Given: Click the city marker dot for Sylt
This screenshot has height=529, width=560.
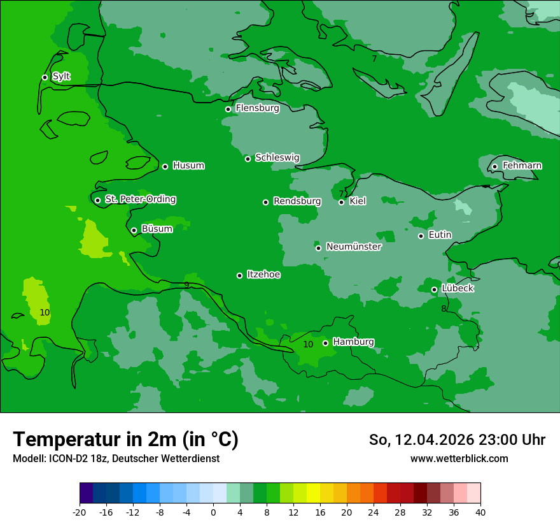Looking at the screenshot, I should pyautogui.click(x=45, y=77).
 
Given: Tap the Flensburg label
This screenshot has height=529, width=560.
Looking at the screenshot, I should pyautogui.click(x=257, y=108).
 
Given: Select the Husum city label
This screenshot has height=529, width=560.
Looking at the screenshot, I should pyautogui.click(x=188, y=166).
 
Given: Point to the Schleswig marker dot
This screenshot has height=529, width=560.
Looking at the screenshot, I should pyautogui.click(x=248, y=159).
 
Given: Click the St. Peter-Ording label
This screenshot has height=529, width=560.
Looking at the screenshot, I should pyautogui.click(x=140, y=199).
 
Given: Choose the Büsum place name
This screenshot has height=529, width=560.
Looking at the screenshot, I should pyautogui.click(x=157, y=229).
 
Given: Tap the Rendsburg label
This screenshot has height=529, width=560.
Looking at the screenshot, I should pyautogui.click(x=297, y=201).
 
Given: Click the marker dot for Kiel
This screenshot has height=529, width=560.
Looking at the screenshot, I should pyautogui.click(x=341, y=202).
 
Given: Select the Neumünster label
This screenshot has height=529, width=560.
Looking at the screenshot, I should pyautogui.click(x=353, y=247).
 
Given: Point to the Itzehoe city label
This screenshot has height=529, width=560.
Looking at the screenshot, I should pyautogui.click(x=263, y=275).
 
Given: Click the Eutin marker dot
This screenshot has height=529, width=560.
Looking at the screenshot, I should pyautogui.click(x=421, y=236).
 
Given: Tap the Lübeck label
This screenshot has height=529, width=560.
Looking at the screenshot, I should pyautogui.click(x=457, y=288).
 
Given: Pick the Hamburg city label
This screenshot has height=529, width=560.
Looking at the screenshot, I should pyautogui.click(x=353, y=342).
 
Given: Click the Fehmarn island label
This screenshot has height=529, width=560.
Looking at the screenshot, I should pyautogui.click(x=522, y=166).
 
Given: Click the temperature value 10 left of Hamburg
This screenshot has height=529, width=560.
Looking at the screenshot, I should pyautogui.click(x=308, y=344).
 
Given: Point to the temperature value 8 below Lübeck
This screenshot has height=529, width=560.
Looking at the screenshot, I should pyautogui.click(x=444, y=309).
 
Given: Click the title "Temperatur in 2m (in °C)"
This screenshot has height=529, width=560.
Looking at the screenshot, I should pyautogui.click(x=125, y=439).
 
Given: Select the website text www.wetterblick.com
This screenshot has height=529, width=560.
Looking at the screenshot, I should pyautogui.click(x=459, y=458).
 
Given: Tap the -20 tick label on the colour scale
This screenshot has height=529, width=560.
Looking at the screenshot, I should pyautogui.click(x=80, y=512).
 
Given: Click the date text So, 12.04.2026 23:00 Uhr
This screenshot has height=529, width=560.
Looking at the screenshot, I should pyautogui.click(x=457, y=440).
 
